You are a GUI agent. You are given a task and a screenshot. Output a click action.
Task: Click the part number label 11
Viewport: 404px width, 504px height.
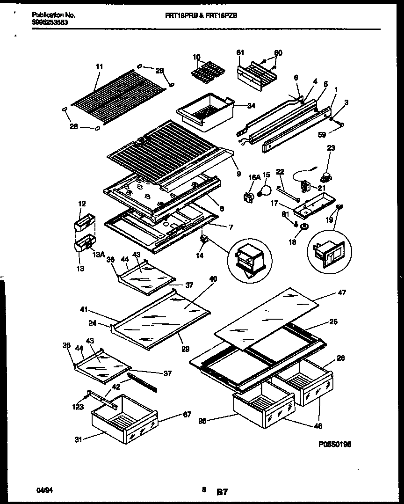pyautogui.click(x=99, y=67)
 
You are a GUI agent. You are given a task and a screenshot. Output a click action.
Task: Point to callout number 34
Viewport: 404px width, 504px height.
pyautogui.click(x=251, y=106)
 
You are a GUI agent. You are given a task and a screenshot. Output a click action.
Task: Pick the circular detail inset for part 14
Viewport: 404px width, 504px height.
pyautogui.click(x=249, y=258)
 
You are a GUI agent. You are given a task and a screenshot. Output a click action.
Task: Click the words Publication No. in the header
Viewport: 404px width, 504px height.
pyautogui.click(x=54, y=15)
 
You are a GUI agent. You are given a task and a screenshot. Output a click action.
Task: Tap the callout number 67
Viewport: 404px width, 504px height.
pyautogui.click(x=187, y=414)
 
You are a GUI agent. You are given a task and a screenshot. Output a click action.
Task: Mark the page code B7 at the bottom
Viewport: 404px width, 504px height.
pyautogui.click(x=222, y=492)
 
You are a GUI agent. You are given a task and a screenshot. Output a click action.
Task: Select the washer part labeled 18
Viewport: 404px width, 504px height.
pyautogui.click(x=304, y=227)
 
